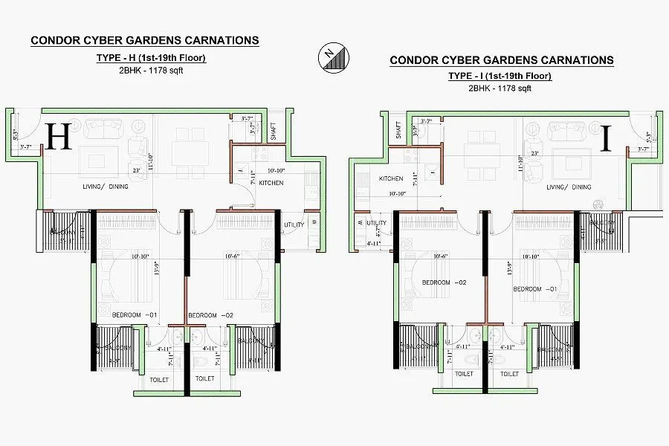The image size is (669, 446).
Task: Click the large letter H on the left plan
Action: click(58, 138)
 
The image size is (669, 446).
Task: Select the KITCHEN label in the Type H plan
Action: click(271, 183)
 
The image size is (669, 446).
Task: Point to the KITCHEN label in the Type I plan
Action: click(391, 179)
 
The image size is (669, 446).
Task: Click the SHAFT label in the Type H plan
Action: click(273, 131)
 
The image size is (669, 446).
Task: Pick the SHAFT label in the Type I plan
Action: click(398, 132)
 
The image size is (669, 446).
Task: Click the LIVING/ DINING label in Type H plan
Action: click(106, 187)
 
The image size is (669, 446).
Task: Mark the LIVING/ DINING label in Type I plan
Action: click(569, 187)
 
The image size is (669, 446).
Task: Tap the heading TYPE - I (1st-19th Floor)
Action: click(499, 77)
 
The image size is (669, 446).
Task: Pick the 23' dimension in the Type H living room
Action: click(138, 170)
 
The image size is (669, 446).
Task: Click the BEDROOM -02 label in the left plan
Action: click(211, 316)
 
